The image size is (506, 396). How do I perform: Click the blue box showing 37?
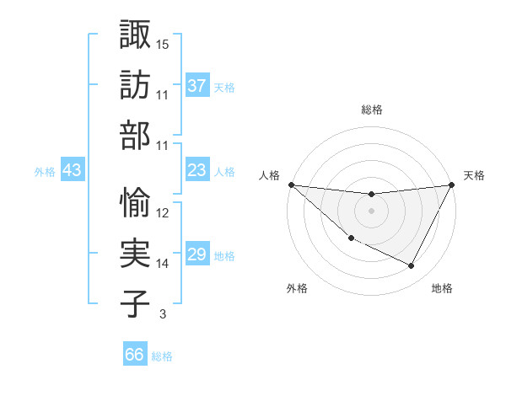[197, 85]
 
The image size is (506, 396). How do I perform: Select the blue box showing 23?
[197, 170]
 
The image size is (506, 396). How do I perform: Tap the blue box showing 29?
[197, 254]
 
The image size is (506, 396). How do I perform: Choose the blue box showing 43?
[73, 170]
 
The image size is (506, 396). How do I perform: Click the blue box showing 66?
[135, 355]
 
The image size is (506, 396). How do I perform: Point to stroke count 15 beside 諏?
[163, 44]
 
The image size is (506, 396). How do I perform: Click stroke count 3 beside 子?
[163, 314]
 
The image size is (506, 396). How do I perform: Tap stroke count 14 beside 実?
[163, 264]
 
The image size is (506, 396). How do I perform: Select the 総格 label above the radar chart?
[371, 110]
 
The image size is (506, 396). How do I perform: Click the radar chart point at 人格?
[291, 184]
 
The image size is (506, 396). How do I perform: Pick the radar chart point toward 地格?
[412, 266]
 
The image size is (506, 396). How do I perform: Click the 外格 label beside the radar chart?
[297, 288]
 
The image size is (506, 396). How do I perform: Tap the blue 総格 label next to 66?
[162, 356]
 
